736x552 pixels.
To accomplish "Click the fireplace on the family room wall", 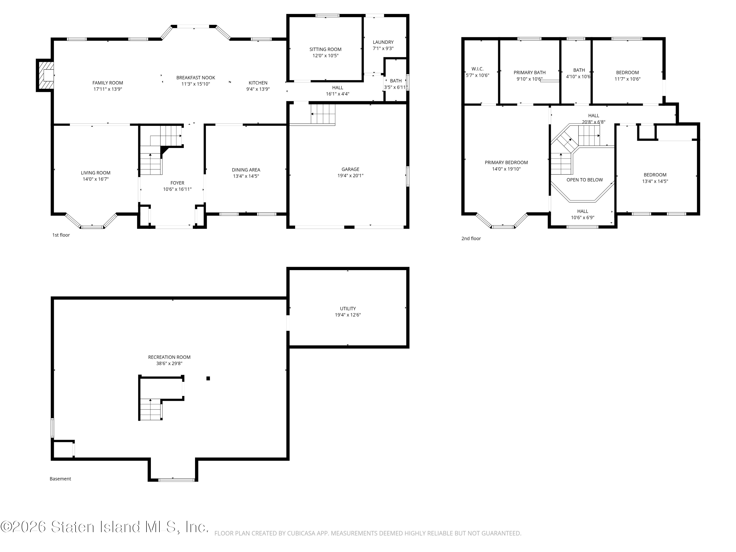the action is point(45,75).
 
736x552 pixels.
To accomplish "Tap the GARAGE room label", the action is point(350,169).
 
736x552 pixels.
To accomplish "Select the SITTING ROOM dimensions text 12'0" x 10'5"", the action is point(325,55).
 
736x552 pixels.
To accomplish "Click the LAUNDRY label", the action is point(383,42).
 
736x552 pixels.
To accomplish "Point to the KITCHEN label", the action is point(258,83).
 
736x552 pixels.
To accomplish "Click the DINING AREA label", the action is point(246,170).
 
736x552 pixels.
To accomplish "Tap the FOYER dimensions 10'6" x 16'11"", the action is point(177,189).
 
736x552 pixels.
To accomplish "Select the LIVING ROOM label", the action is point(95,173).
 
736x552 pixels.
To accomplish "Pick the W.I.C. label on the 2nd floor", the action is point(477,69).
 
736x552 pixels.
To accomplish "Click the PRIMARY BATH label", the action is point(529,73).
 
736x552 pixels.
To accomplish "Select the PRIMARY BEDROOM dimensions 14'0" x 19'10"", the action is point(506,169).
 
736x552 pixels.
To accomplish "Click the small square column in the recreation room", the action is point(208,378).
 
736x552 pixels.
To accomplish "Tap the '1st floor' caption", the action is point(61,235).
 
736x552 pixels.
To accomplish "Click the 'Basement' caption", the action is point(60,479).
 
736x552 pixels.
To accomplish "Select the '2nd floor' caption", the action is point(471,238).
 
